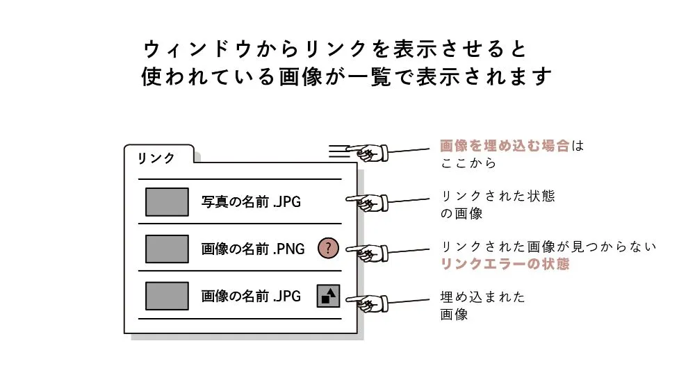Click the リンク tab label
pos(156,158)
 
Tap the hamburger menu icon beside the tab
pos(338,150)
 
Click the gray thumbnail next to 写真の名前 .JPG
pos(167,202)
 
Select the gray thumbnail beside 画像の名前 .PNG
pos(167,249)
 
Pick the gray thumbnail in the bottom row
pos(167,296)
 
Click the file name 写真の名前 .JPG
pos(252,203)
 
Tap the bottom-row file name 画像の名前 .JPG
pos(251,296)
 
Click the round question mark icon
pos(328,248)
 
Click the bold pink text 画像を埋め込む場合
pos(505,146)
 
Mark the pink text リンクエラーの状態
pos(505,265)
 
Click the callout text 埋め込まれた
pos(483,297)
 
